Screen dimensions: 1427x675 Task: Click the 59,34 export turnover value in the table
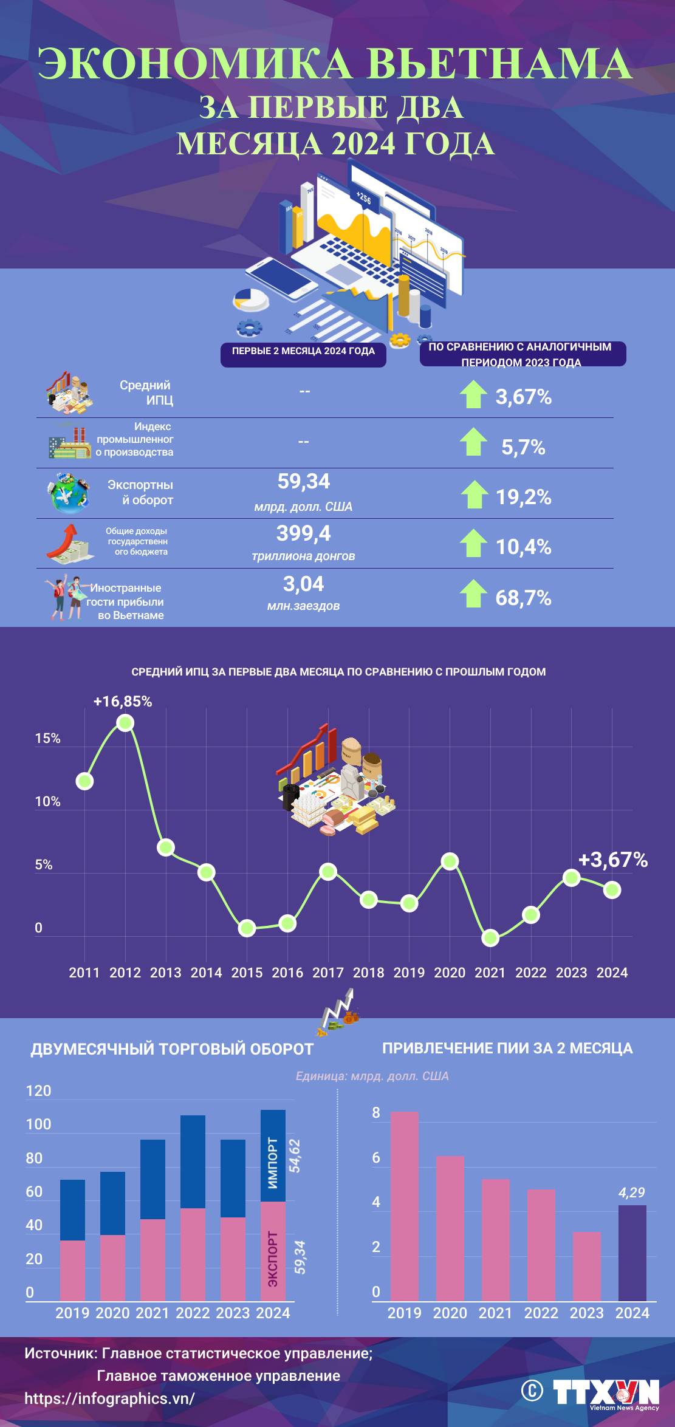click(303, 482)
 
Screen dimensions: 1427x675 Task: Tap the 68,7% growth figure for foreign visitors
click(523, 598)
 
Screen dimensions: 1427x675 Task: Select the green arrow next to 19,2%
click(474, 494)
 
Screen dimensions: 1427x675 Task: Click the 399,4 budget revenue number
click(303, 533)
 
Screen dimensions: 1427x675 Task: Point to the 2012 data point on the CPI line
click(125, 723)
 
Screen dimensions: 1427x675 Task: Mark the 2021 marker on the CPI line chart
click(490, 938)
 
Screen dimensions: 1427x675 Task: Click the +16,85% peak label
click(123, 702)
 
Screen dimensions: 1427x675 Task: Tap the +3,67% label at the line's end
click(612, 860)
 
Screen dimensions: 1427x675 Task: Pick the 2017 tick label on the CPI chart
click(328, 973)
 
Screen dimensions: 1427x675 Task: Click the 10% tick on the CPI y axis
click(47, 802)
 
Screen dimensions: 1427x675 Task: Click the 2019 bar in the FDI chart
click(405, 1206)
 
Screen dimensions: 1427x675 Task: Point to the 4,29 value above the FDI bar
click(631, 1193)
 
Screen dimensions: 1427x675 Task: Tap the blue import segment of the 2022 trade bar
click(193, 1162)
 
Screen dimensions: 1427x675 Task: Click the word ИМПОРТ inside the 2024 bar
click(273, 1163)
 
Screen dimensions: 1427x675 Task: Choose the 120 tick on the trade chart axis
click(38, 1091)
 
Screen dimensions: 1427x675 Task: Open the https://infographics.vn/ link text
click(109, 1398)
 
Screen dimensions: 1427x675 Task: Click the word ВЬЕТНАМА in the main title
click(500, 64)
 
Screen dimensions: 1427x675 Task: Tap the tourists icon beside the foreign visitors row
click(64, 598)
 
